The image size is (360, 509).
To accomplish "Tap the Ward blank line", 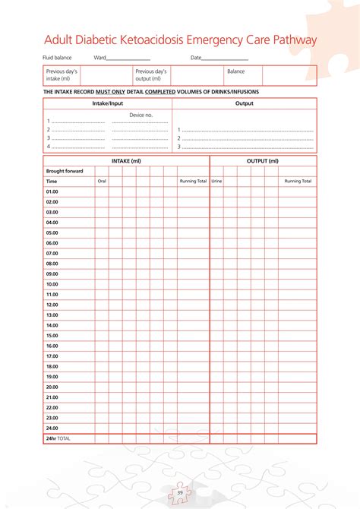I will [128, 58].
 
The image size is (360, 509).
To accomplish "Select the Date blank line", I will [226, 58].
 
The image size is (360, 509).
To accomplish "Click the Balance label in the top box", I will [235, 71].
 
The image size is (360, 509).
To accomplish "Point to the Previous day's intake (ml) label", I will [62, 74].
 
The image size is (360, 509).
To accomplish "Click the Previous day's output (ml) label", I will [150, 74].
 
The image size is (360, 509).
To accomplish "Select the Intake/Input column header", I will [107, 103].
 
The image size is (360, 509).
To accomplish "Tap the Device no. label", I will [141, 115].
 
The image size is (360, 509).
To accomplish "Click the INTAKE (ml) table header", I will [126, 161].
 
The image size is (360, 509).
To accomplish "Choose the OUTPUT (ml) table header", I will [263, 161].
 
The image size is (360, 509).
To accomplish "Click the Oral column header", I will [102, 182].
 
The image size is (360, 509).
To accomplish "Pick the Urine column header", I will [216, 182].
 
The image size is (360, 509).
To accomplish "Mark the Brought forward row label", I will [65, 171].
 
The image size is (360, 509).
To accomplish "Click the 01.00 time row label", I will [52, 191].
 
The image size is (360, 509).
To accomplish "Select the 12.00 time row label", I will [52, 305].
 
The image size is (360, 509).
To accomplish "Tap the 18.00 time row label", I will [52, 366].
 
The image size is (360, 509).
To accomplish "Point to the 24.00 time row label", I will [52, 428].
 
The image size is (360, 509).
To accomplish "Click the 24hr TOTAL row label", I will [58, 438].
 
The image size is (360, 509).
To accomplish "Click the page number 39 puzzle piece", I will [180, 493].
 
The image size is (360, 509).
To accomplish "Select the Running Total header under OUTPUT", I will [298, 182].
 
